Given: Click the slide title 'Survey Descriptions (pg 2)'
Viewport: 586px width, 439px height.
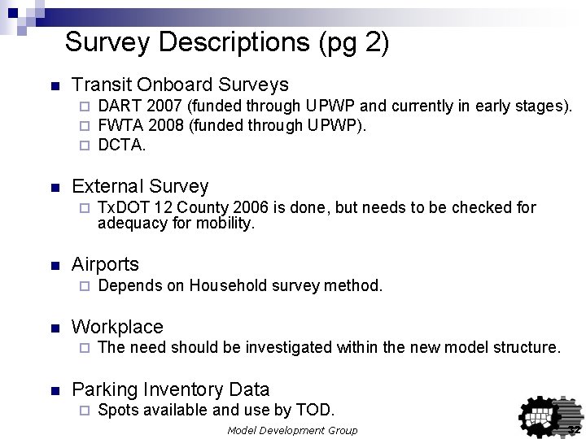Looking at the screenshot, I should tap(227, 41).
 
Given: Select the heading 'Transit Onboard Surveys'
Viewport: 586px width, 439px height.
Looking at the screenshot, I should tap(180, 85).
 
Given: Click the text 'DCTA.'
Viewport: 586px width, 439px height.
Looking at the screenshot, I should tap(122, 145).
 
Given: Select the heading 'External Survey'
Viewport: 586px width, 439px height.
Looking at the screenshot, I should tap(140, 186).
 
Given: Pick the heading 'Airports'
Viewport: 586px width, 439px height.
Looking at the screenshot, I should tap(105, 264).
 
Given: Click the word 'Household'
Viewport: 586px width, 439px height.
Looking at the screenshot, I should tap(224, 285).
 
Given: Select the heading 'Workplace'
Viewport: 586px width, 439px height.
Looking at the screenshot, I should tap(117, 327).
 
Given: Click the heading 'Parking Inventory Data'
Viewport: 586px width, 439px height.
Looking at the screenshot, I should tap(170, 389).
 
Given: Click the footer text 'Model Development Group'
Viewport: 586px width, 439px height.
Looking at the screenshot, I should tap(292, 430).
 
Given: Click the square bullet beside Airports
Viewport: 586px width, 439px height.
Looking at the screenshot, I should tap(54, 266).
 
